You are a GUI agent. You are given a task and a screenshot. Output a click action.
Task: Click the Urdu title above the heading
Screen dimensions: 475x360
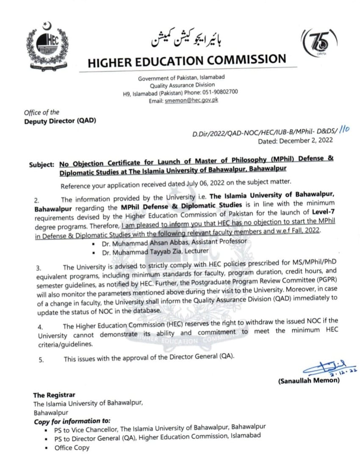click(x=187, y=39)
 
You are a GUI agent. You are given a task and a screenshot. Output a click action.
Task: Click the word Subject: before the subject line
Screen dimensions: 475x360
click(x=42, y=164)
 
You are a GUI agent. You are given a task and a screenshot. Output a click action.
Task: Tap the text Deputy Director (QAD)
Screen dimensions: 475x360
click(x=60, y=120)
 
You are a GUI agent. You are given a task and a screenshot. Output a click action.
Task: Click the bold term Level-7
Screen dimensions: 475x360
click(x=323, y=213)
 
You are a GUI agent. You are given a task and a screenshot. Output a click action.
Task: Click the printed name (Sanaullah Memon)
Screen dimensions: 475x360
click(x=309, y=381)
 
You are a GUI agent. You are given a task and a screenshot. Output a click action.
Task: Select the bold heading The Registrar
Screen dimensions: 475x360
click(x=54, y=395)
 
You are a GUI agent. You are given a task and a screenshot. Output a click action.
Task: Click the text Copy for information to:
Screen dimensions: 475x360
click(x=72, y=422)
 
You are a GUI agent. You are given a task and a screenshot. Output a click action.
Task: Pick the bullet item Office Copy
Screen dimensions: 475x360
click(x=72, y=448)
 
